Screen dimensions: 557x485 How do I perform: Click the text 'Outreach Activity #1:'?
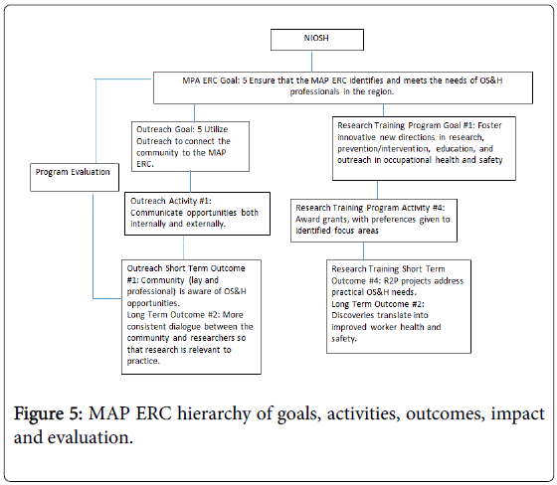171,201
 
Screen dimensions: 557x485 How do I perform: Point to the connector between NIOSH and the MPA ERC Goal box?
312,62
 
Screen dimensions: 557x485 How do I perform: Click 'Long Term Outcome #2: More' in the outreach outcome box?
185,315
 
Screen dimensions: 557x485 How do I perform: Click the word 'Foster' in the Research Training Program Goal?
489,125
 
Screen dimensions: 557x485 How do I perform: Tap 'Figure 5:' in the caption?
49,413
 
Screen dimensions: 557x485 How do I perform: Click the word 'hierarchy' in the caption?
214,414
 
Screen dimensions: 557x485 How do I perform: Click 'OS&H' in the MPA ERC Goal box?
491,81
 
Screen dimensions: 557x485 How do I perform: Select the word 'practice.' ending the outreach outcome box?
143,361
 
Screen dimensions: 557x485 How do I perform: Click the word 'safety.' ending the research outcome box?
344,339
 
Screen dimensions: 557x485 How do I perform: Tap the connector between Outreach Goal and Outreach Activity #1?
190,182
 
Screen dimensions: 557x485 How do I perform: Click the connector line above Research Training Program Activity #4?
377,190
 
